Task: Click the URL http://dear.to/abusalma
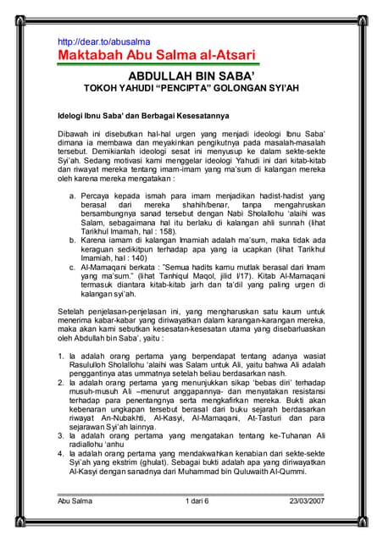(x=103, y=41)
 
